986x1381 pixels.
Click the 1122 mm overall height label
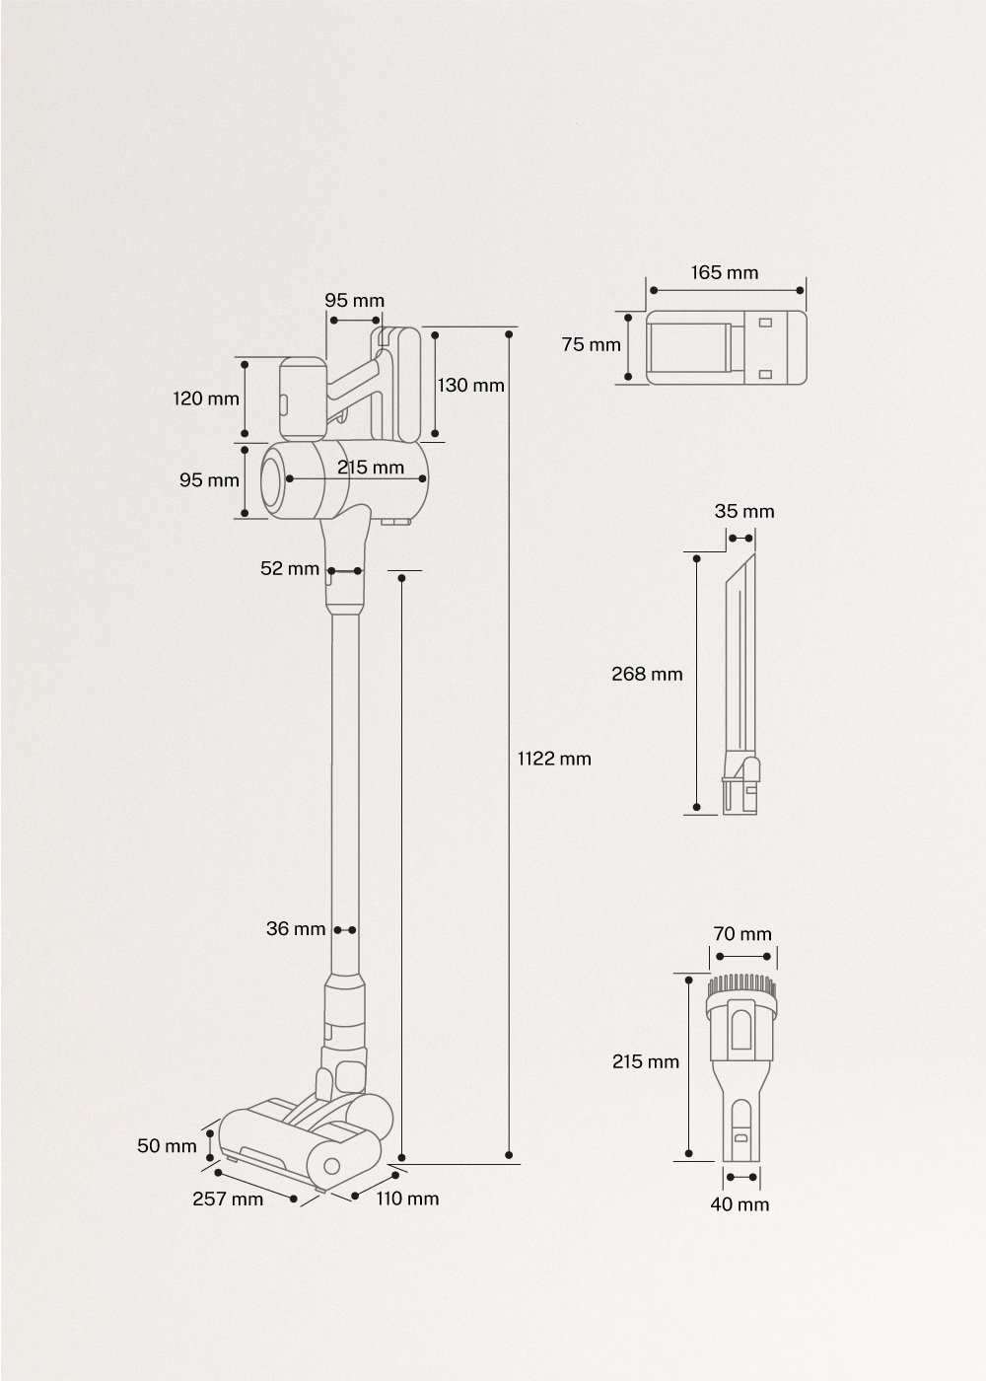tap(554, 759)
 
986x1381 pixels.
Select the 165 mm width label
tap(725, 272)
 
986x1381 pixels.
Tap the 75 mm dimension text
tap(592, 345)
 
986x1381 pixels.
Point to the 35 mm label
tap(744, 511)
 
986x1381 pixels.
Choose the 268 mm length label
tap(647, 675)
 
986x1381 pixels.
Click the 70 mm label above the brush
tap(742, 933)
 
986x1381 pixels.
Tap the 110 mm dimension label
tap(406, 1199)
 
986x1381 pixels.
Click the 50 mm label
tap(167, 1146)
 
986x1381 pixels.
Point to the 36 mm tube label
tap(296, 929)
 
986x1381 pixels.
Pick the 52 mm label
tap(290, 569)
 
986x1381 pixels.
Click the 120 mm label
tap(206, 399)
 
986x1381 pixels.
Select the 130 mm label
tap(470, 386)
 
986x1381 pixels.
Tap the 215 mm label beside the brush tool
tap(646, 1062)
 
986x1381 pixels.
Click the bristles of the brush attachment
tap(742, 984)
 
